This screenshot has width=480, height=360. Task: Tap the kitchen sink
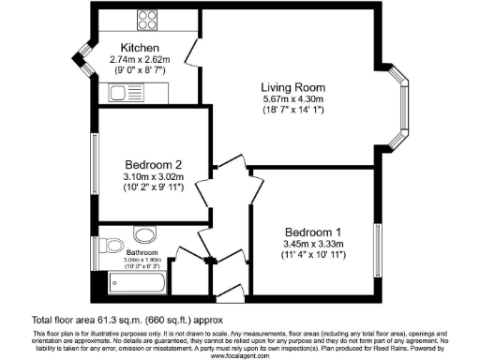(x=122, y=91)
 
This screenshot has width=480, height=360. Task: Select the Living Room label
(x=292, y=87)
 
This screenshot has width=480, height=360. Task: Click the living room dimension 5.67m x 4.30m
(x=292, y=98)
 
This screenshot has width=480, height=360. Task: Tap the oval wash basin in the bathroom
(x=145, y=234)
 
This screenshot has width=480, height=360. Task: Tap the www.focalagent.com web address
(x=240, y=355)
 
